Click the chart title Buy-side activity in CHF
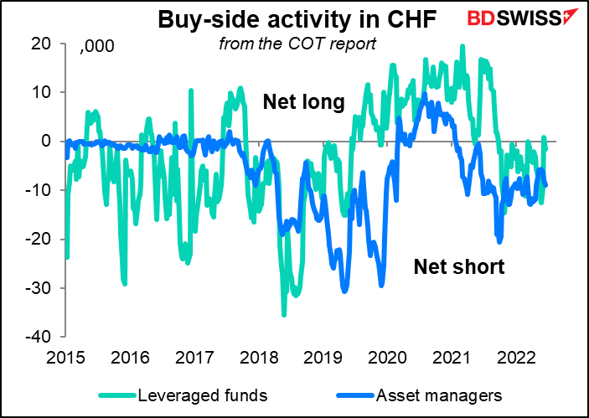point(297,21)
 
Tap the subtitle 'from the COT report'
point(297,44)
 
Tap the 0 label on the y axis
point(47,142)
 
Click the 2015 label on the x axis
point(65,358)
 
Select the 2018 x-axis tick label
point(259,358)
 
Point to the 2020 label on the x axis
point(387,358)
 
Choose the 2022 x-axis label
point(516,358)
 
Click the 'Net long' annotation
point(303,101)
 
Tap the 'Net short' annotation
point(459,267)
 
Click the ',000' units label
point(96,46)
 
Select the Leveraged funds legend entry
point(183,395)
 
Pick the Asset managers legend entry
point(419,395)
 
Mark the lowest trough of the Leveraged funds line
point(284,315)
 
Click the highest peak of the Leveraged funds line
point(462,46)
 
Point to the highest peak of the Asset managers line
point(425,94)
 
